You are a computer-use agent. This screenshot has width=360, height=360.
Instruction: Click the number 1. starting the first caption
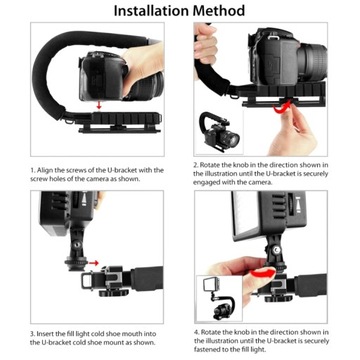34,169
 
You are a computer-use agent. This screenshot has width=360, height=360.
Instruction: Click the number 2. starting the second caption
196,163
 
